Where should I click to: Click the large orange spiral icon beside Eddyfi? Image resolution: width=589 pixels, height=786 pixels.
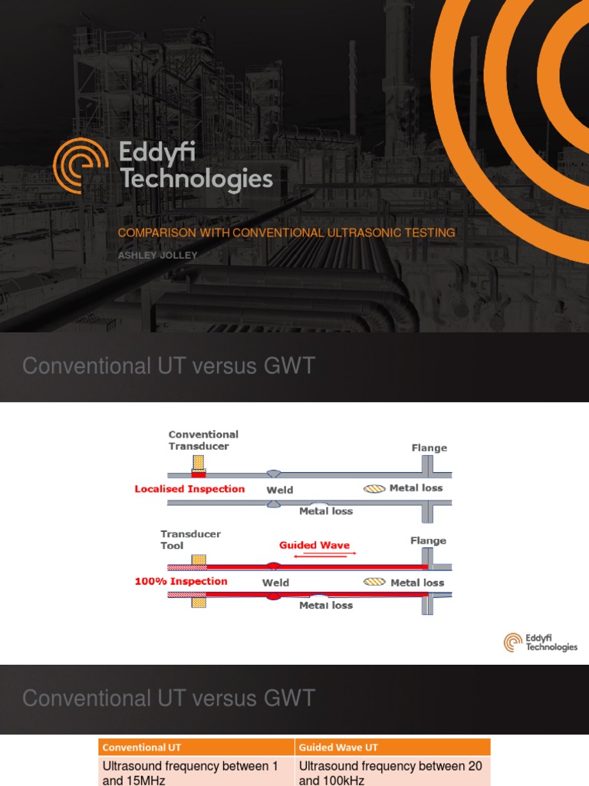[81, 165]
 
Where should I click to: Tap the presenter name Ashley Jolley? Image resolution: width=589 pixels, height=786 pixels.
[157, 256]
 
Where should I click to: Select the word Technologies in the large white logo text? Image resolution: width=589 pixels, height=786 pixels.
[196, 180]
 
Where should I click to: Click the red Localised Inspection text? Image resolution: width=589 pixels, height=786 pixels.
[189, 489]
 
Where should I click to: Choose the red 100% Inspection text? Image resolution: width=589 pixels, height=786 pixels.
[181, 582]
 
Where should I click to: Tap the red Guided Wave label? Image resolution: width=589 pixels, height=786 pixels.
[314, 545]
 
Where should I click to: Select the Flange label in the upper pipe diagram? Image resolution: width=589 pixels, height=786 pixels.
[429, 447]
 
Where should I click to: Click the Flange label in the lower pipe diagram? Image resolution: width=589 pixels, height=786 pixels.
[428, 540]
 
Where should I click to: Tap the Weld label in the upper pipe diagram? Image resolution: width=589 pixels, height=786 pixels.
[280, 490]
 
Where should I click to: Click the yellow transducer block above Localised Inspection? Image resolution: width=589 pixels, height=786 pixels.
[199, 461]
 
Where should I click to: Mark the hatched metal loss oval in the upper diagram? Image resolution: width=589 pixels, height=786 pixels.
[374, 488]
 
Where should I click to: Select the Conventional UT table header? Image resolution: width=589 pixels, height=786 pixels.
[196, 747]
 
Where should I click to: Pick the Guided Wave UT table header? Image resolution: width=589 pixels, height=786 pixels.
[392, 747]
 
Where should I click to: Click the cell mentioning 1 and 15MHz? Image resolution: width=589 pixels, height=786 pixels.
[196, 771]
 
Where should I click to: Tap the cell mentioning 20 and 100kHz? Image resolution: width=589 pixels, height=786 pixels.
[392, 771]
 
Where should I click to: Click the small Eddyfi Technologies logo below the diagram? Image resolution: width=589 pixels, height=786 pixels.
[541, 642]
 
